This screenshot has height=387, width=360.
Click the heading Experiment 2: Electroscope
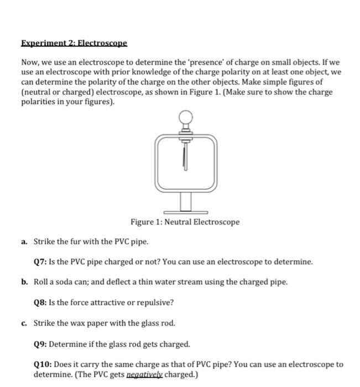(74, 42)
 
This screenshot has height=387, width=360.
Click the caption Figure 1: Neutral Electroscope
(185, 222)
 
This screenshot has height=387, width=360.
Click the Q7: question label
(41, 261)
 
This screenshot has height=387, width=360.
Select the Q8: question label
(41, 302)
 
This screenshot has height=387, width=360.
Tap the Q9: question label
(41, 344)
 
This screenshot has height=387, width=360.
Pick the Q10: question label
(43, 364)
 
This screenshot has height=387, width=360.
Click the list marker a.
(25, 242)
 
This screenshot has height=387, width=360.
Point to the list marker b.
(25, 282)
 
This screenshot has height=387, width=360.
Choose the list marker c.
(25, 323)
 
